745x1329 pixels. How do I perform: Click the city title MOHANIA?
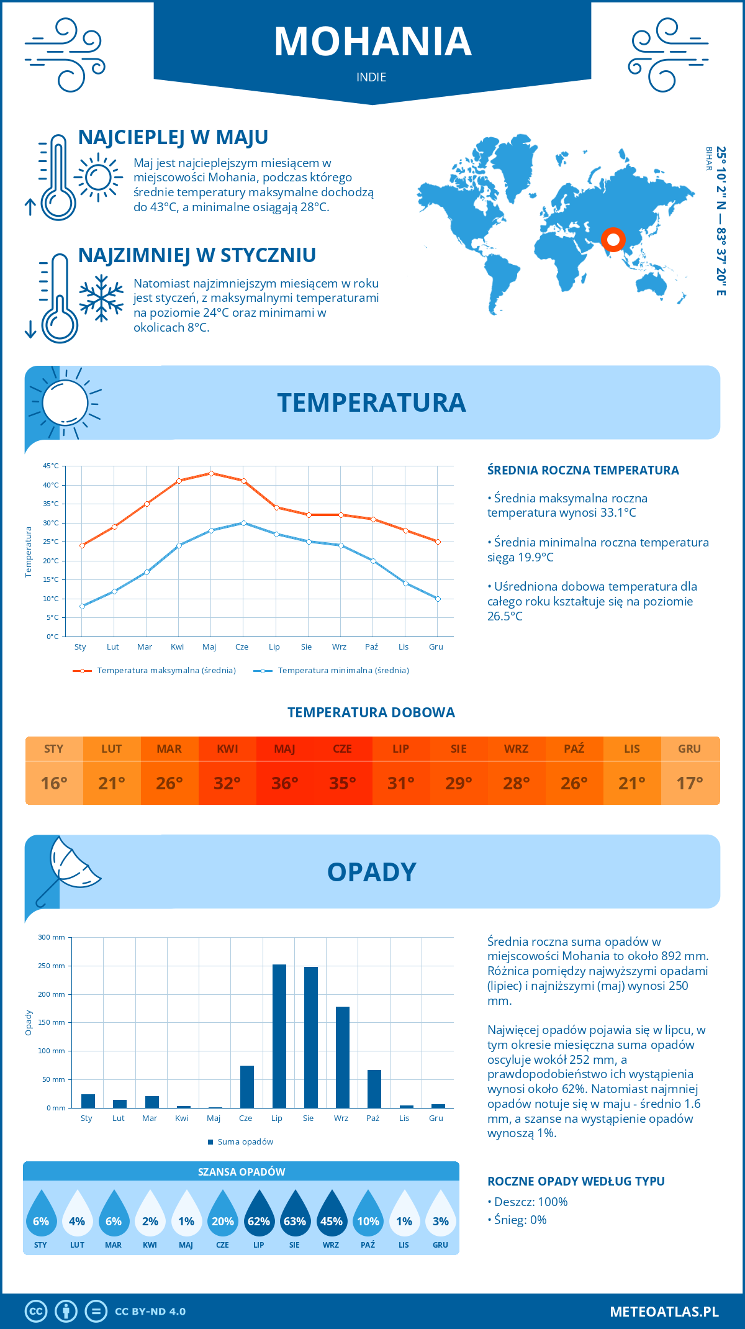click(372, 42)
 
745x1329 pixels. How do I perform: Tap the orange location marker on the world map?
click(613, 239)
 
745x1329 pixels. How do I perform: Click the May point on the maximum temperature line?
click(211, 473)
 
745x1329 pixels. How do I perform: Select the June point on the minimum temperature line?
click(243, 523)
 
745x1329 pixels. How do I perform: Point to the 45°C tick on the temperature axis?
click(51, 466)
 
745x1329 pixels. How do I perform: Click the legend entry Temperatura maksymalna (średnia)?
click(155, 671)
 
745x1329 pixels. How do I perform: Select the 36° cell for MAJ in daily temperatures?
click(285, 783)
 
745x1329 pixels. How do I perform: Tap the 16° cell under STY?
click(54, 783)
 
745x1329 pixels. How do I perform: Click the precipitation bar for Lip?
click(279, 1036)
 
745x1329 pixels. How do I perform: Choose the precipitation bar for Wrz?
click(343, 1057)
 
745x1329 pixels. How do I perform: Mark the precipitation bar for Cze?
click(247, 1087)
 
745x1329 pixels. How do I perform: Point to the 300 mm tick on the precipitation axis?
click(52, 937)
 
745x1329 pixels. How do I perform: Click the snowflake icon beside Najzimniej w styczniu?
click(101, 298)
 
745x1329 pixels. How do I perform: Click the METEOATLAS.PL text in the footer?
click(664, 1312)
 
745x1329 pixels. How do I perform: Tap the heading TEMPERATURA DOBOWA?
click(371, 712)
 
